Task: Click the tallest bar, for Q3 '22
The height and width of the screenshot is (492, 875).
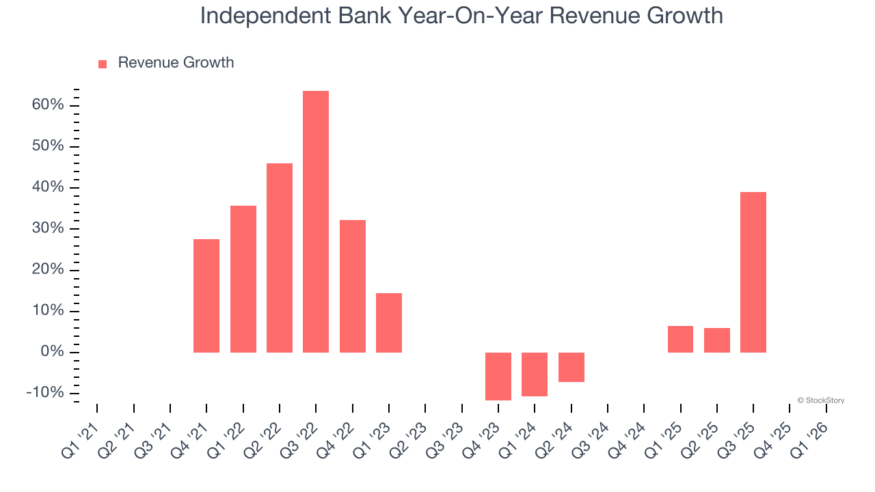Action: (316, 221)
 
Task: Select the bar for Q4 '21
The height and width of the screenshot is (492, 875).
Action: (206, 295)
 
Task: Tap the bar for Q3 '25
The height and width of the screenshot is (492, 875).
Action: (753, 272)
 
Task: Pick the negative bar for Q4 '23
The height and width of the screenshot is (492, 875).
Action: (498, 376)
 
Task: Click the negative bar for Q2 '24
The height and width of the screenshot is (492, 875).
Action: (571, 367)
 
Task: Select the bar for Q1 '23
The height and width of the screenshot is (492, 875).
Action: (389, 323)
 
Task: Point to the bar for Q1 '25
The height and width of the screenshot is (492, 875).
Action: (680, 339)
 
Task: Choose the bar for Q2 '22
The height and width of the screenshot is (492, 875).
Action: (280, 258)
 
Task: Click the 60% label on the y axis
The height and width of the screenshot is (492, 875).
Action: (47, 105)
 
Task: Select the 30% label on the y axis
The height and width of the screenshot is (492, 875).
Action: (47, 229)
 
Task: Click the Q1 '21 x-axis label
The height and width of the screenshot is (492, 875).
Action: (79, 439)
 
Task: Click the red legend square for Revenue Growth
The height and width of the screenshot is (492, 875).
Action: (103, 64)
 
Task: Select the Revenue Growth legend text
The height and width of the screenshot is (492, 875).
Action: (176, 63)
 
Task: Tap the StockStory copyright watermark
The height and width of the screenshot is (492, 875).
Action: (820, 400)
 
